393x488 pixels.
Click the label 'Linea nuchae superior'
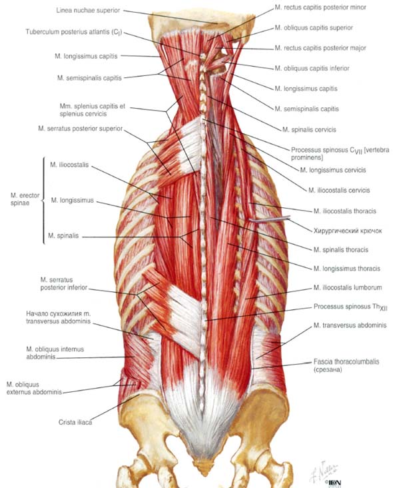click(88, 10)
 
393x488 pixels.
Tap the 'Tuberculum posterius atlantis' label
click(74, 32)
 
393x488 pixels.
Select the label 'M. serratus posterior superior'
click(80, 129)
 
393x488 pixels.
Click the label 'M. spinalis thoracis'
click(341, 249)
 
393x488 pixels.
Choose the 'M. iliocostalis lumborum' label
click(348, 287)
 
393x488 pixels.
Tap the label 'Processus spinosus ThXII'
click(350, 307)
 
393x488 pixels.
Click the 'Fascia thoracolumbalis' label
click(346, 365)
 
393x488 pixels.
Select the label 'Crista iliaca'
click(75, 422)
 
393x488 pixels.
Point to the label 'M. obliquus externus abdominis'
click(34, 388)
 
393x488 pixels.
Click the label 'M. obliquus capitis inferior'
click(312, 68)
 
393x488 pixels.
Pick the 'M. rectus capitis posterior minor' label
click(320, 7)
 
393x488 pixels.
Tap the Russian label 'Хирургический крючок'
click(348, 231)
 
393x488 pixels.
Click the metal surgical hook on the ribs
click(269, 219)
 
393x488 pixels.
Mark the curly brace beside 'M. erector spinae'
click(44, 201)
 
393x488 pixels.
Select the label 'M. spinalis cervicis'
click(309, 129)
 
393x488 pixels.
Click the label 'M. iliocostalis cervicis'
click(339, 190)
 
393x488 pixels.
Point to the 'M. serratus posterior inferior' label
click(64, 283)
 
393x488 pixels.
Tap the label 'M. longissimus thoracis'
click(346, 269)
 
